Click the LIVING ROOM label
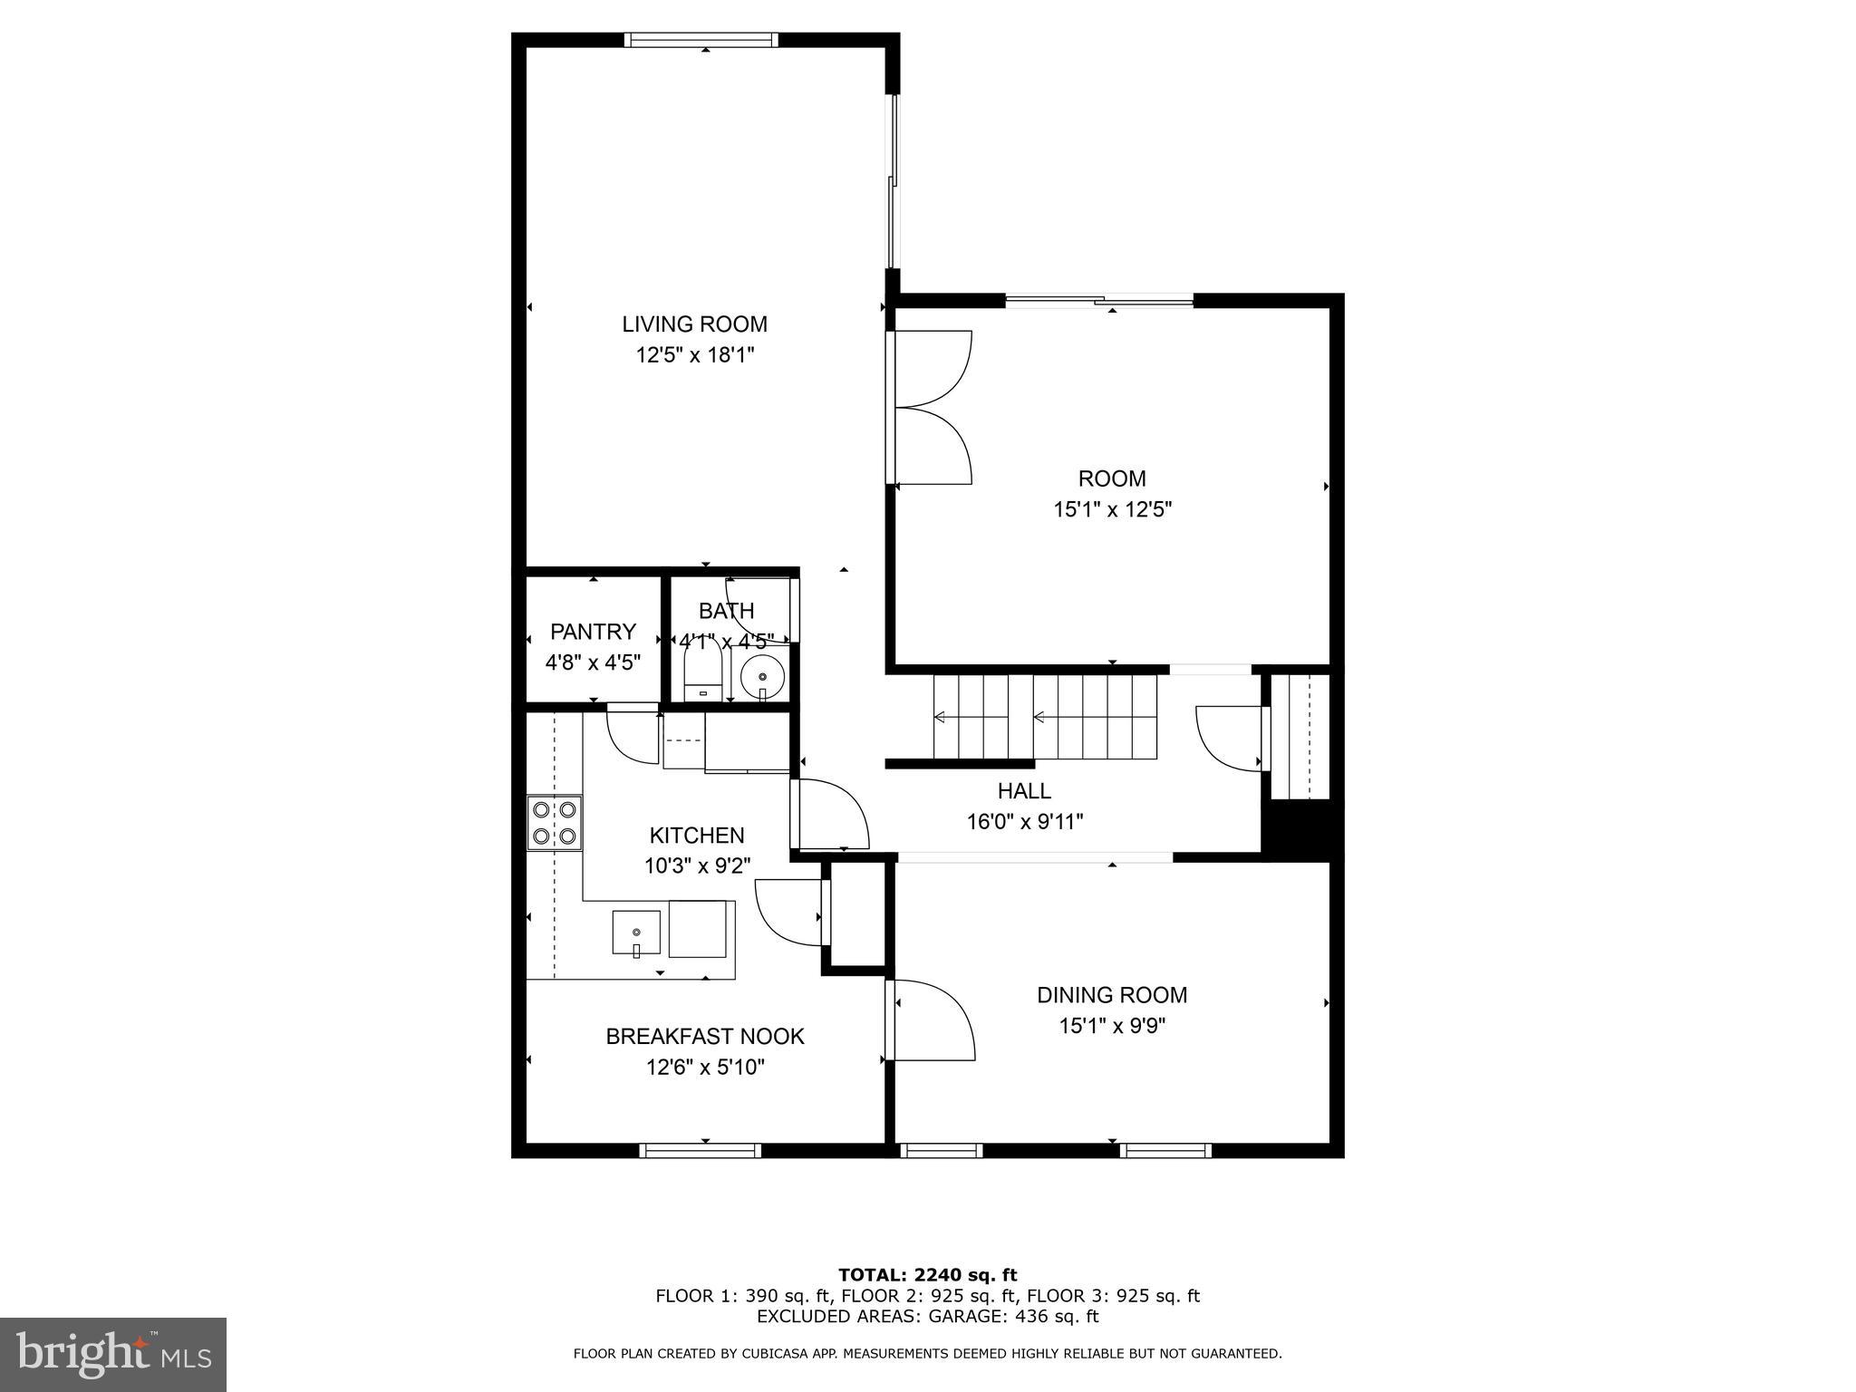click(x=694, y=324)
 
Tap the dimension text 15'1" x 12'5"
click(x=1112, y=509)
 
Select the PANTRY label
click(x=593, y=631)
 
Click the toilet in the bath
click(x=702, y=674)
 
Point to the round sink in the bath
click(x=762, y=676)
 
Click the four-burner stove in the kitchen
click(x=555, y=823)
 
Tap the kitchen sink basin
click(x=636, y=933)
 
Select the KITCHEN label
click(x=697, y=835)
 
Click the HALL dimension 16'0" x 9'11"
click(x=1024, y=822)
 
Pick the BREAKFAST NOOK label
click(x=705, y=1036)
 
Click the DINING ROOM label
click(x=1112, y=995)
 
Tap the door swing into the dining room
click(x=933, y=1020)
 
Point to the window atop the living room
click(x=701, y=40)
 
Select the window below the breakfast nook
click(x=700, y=1150)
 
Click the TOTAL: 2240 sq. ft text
click(x=927, y=1276)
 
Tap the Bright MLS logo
click(x=112, y=1354)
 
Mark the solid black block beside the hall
click(x=1301, y=829)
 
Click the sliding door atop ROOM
click(x=1099, y=301)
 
